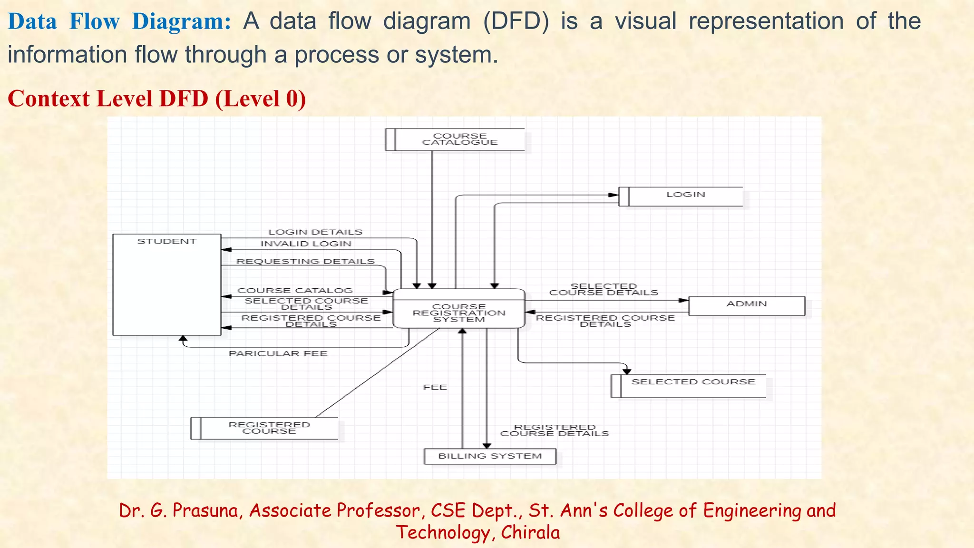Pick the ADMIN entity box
747,305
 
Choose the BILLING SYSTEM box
490,456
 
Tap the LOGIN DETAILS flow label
315,232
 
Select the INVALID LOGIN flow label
306,244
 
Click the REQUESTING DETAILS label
305,262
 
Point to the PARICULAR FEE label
278,353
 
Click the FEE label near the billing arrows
435,387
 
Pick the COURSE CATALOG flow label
295,291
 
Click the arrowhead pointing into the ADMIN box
684,300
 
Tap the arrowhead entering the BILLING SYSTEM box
487,446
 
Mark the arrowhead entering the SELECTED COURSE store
627,372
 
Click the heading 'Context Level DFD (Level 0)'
157,99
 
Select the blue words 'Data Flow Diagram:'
119,22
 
